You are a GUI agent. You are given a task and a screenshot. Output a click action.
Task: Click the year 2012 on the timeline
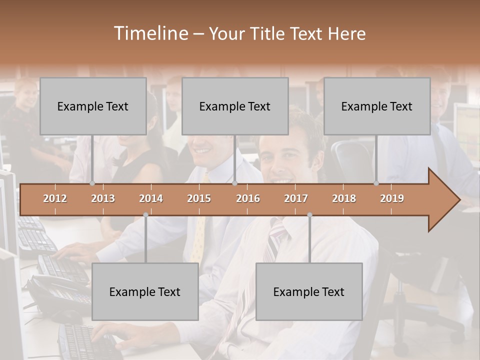55,198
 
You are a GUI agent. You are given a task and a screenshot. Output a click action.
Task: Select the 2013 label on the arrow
103,198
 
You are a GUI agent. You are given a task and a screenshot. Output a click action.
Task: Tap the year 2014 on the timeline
151,198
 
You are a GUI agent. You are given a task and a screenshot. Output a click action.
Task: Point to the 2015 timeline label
199,198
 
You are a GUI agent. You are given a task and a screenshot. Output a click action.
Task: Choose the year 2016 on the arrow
248,198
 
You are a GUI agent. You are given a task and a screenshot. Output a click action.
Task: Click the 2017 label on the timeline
296,198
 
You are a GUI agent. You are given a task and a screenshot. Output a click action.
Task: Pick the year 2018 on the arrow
344,198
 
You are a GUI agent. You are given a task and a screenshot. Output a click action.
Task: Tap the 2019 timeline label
392,198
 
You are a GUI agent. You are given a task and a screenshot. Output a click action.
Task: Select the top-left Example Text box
93,106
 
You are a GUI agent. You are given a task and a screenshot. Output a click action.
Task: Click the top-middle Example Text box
235,106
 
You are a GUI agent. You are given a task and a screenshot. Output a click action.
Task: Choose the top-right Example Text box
377,106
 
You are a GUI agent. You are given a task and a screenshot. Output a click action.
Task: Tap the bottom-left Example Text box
145,291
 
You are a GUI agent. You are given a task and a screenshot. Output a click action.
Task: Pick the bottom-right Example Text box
309,291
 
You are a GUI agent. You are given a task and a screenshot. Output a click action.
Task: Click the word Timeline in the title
150,33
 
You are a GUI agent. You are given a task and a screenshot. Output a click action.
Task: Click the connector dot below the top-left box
92,183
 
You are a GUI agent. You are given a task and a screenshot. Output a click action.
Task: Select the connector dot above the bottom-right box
309,214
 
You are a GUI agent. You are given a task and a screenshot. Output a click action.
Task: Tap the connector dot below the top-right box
376,183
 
